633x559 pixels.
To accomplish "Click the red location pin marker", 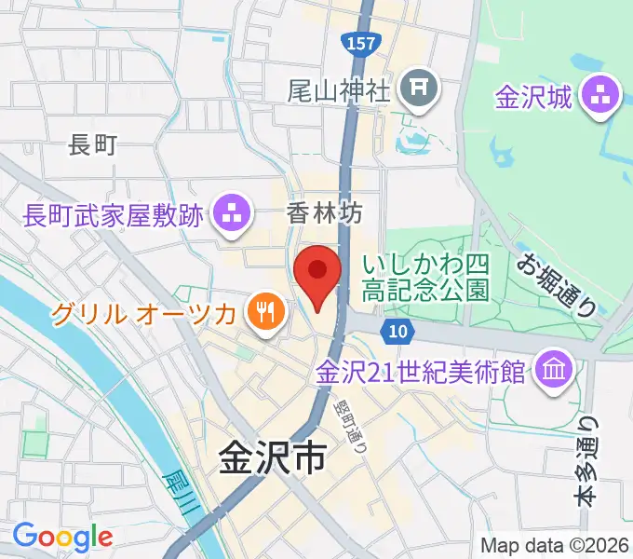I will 317,275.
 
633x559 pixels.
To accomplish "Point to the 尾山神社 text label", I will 338,89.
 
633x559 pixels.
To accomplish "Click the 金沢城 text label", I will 533,97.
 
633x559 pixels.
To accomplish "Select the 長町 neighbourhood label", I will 93,145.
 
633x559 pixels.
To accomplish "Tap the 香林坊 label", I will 322,214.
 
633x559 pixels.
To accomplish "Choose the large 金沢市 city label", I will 273,458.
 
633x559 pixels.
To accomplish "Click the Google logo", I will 62,537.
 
